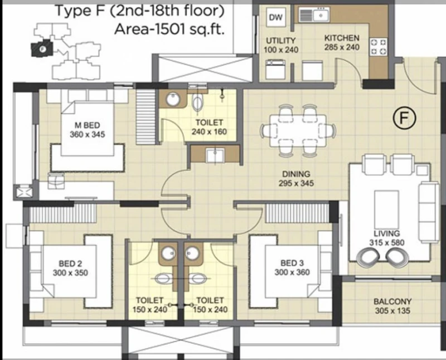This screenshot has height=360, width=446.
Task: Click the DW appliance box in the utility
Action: (275, 17)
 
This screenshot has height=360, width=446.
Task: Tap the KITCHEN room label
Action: (342, 38)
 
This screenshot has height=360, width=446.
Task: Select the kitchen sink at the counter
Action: (314, 14)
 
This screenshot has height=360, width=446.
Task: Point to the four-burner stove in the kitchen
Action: (379, 47)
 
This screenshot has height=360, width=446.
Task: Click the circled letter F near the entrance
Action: (404, 118)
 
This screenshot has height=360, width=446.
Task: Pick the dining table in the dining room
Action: (298, 130)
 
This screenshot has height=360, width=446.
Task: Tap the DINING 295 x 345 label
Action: (296, 178)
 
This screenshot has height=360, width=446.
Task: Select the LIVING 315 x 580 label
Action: (386, 238)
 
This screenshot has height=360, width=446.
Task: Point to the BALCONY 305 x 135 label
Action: (392, 306)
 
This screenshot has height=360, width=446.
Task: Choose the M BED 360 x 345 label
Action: (88, 130)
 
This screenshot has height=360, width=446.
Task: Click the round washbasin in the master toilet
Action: (173, 99)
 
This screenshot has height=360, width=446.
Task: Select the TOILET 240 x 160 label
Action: (209, 127)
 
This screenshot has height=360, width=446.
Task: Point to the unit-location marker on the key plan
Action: (42, 49)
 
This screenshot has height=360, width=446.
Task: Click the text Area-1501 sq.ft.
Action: (169, 30)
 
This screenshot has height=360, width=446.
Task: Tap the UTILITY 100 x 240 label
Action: (281, 45)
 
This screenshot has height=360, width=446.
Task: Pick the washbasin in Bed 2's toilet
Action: (168, 252)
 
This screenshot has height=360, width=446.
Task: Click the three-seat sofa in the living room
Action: (429, 212)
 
